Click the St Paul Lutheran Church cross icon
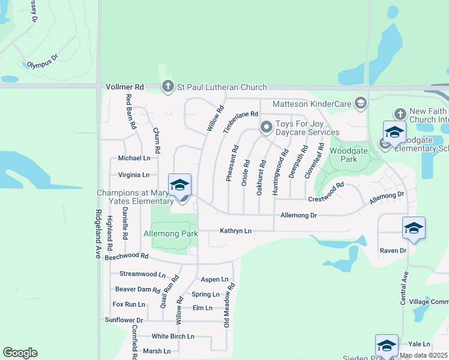[x=167, y=88]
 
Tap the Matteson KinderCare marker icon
[x=361, y=103]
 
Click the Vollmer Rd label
[x=125, y=87]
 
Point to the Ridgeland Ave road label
[x=97, y=234]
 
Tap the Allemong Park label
[x=170, y=233]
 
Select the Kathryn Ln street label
[x=235, y=230]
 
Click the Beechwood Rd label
[x=126, y=256]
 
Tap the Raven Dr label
[x=393, y=250]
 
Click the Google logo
[x=20, y=353]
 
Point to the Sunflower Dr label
[x=124, y=320]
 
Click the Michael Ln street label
[x=134, y=158]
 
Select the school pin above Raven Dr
[x=414, y=229]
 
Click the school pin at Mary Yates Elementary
[x=180, y=185]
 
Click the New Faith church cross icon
[x=400, y=114]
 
